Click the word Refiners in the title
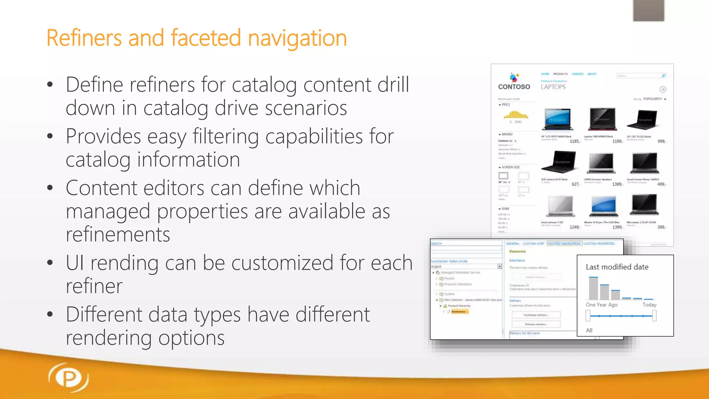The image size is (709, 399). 84,38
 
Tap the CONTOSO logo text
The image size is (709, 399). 514,87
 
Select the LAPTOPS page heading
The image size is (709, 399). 553,87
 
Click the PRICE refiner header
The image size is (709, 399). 505,105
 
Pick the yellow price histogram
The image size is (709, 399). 515,115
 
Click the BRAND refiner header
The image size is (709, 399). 506,134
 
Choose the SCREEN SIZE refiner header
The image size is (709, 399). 510,167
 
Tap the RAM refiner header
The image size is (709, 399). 505,209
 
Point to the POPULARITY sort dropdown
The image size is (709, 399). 654,99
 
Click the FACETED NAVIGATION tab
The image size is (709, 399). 564,243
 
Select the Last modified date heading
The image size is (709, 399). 617,267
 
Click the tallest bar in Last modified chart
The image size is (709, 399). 593,288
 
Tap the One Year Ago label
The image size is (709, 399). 601,305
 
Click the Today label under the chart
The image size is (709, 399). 649,305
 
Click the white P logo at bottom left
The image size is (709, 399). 69,378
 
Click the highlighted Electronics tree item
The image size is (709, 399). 458,312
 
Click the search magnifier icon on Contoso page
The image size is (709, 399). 663,76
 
